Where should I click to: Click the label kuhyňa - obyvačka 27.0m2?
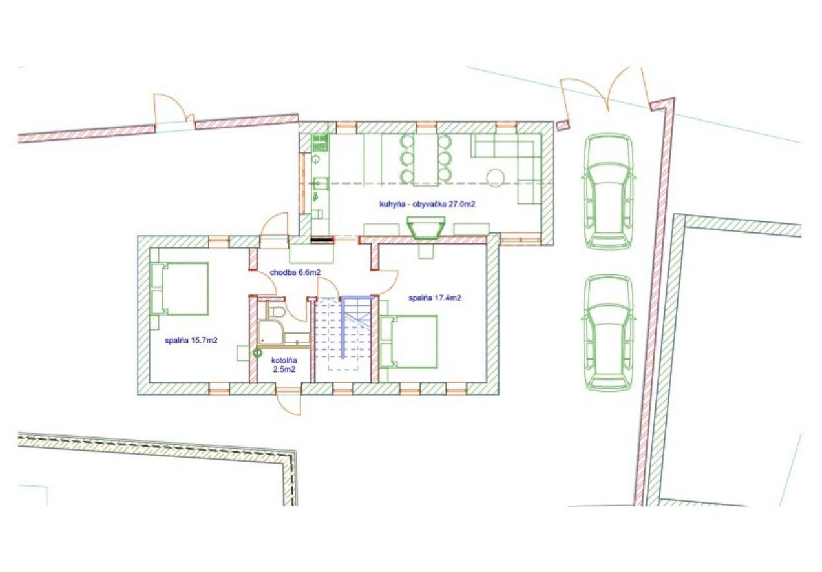click(x=427, y=204)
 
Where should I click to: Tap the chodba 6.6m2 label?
click(x=295, y=272)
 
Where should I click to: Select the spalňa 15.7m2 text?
click(x=191, y=340)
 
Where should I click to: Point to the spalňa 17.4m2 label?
click(x=434, y=298)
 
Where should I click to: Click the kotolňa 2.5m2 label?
click(x=284, y=365)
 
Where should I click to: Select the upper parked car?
click(x=609, y=191)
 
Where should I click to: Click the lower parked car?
click(x=609, y=332)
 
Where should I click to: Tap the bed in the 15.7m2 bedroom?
click(x=180, y=289)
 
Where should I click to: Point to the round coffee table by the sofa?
click(x=496, y=178)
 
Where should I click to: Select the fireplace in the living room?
click(x=426, y=227)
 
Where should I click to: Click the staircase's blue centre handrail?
click(x=343, y=327)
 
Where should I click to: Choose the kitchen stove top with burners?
click(x=320, y=143)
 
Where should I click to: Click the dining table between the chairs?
click(x=426, y=158)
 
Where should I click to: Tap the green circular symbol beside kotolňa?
click(x=258, y=352)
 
